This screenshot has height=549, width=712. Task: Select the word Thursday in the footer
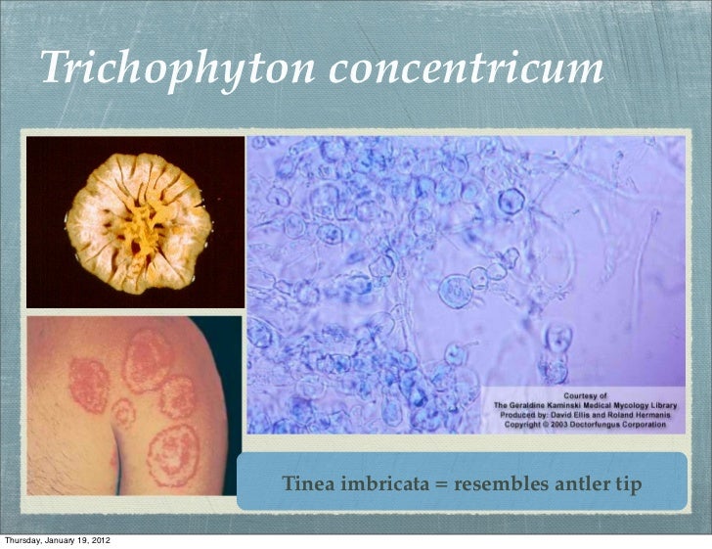[24, 540]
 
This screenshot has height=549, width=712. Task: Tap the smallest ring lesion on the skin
[122, 414]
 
